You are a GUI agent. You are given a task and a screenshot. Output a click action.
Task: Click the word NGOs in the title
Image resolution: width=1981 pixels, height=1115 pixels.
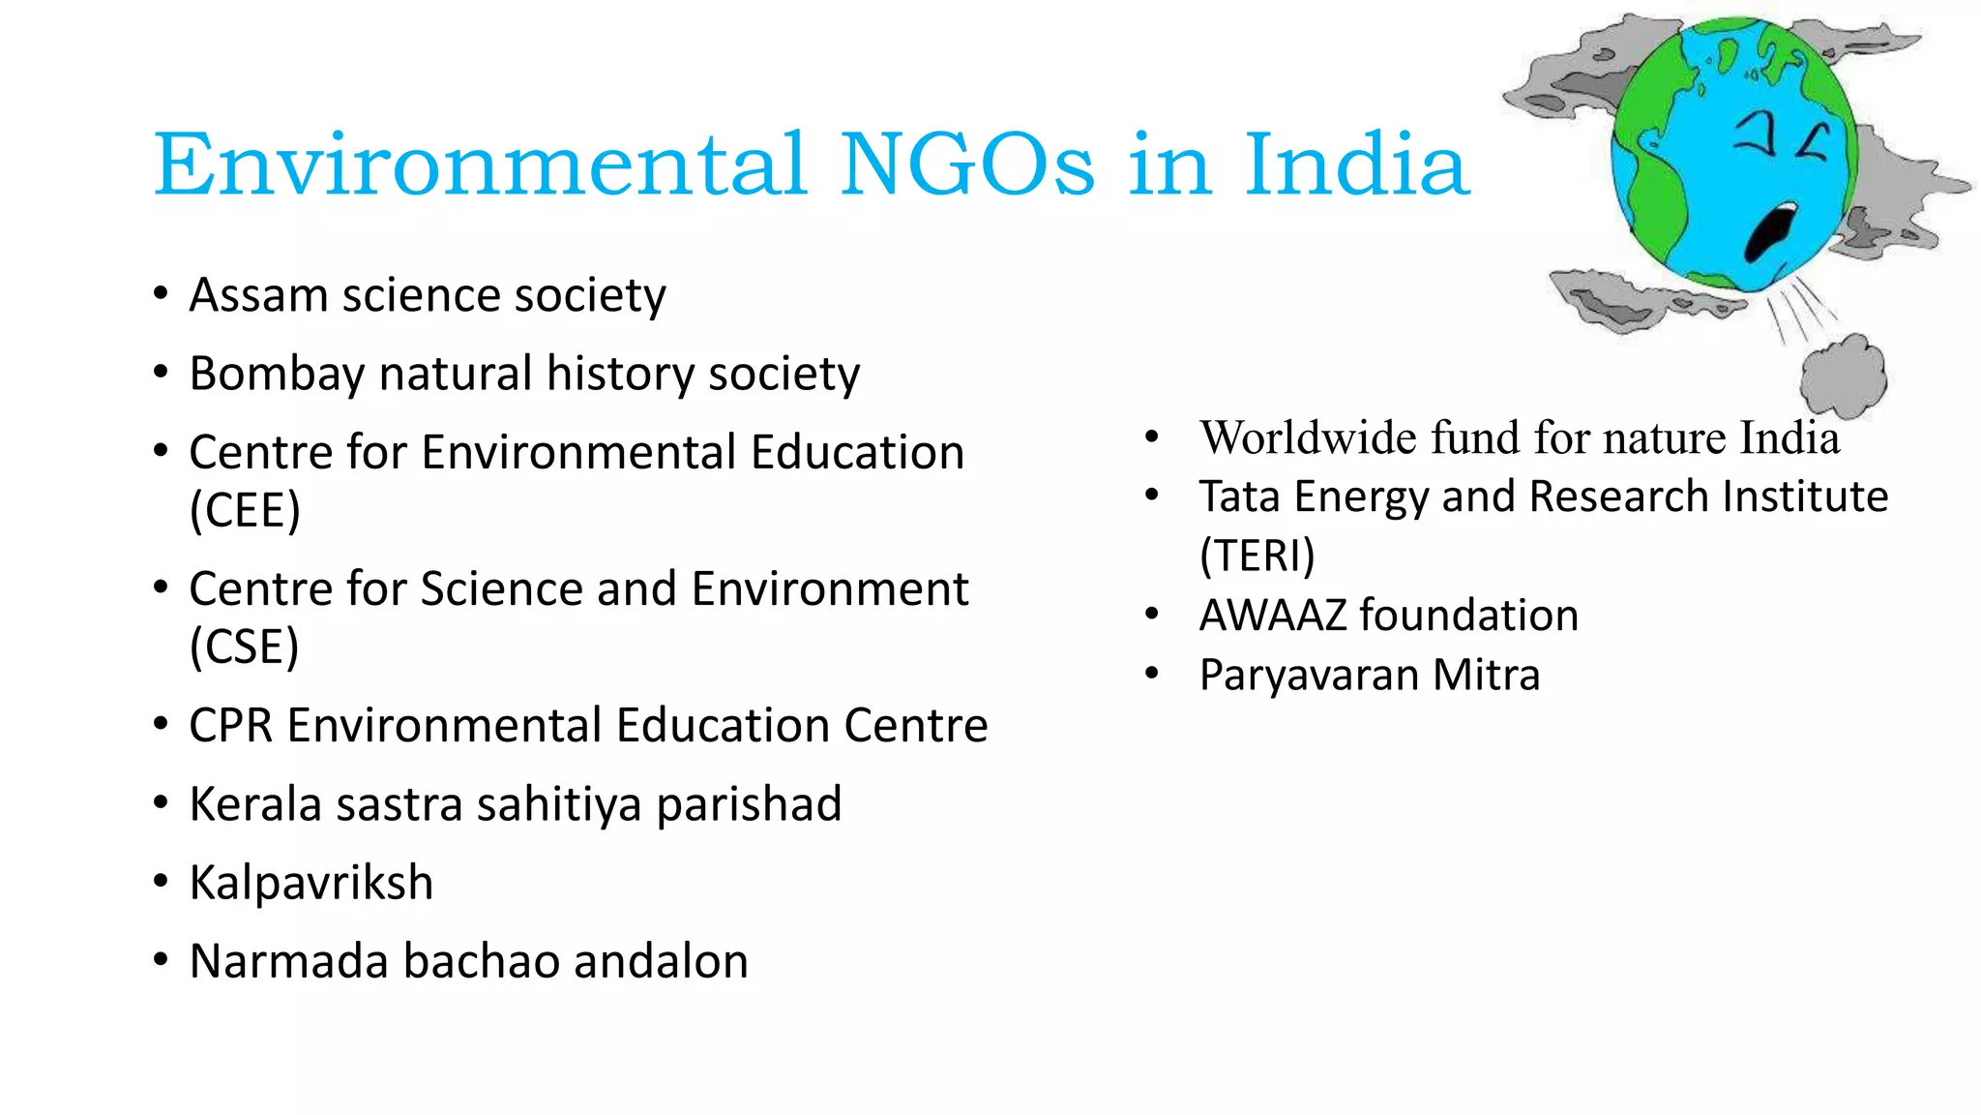click(x=967, y=165)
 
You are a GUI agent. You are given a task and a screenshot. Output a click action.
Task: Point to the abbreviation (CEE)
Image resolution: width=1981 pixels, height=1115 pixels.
click(x=245, y=510)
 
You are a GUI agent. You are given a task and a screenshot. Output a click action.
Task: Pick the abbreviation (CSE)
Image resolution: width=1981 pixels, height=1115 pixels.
click(x=244, y=647)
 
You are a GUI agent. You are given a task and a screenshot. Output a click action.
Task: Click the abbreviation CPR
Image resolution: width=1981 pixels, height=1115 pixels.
click(x=230, y=725)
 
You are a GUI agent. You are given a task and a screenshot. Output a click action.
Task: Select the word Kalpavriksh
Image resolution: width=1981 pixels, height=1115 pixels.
click(x=310, y=883)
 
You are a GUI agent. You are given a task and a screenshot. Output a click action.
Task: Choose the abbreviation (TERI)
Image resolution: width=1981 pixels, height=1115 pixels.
click(x=1257, y=556)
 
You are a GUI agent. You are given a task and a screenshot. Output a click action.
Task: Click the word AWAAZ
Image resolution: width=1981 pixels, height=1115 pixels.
click(x=1272, y=616)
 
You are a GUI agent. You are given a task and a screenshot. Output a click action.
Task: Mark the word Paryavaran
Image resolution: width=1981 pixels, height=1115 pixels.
click(x=1308, y=675)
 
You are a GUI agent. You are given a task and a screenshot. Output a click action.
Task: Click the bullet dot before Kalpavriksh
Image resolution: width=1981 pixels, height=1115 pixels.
click(x=162, y=882)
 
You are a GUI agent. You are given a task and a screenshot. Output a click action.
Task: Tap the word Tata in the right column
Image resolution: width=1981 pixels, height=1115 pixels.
click(x=1239, y=497)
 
